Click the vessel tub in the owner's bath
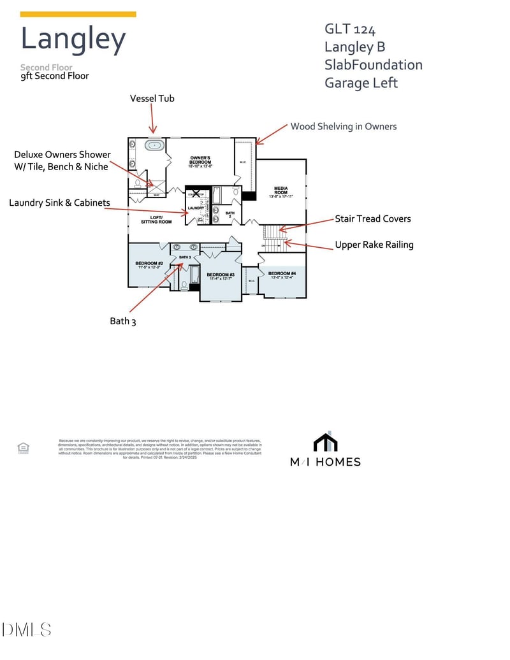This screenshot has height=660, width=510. (154, 145)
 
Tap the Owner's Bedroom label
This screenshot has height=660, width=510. (201, 161)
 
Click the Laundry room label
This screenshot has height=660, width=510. (195, 208)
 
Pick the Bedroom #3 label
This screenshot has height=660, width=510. (221, 276)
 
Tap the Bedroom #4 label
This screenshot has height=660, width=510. (282, 275)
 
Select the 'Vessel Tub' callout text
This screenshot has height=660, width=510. (152, 98)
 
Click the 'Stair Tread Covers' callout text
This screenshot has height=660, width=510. (373, 219)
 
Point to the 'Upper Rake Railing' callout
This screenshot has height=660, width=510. (374, 245)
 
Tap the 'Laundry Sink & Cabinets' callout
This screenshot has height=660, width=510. (59, 203)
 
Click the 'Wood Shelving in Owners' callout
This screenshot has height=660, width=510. (344, 126)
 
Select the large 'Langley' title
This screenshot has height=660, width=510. (73, 39)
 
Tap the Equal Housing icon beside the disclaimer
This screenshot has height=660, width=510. (24, 448)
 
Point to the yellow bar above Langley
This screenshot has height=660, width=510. (78, 14)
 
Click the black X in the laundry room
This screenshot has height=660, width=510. (197, 192)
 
